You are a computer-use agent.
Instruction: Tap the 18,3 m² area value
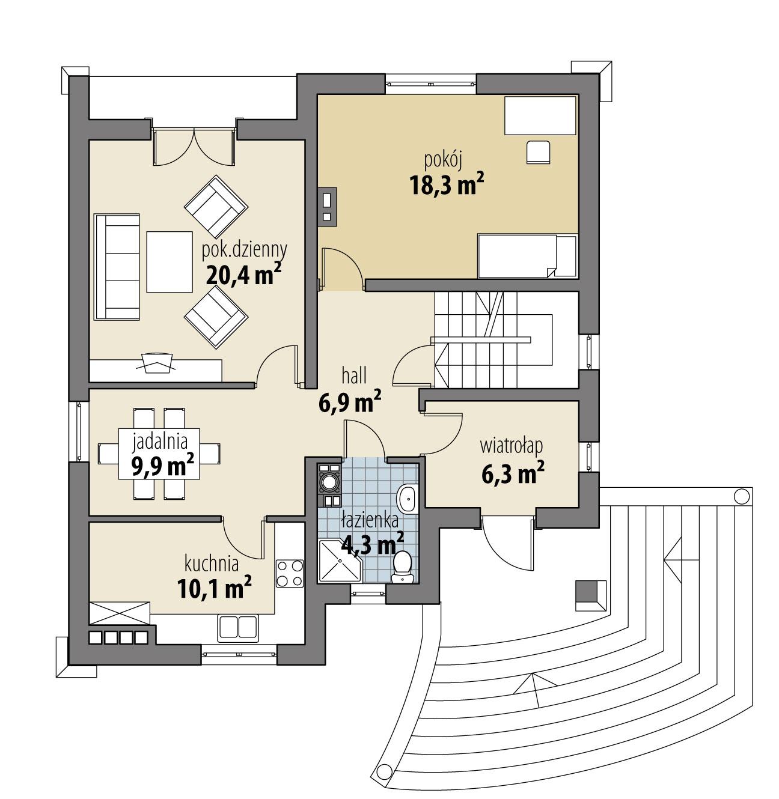[x=447, y=185]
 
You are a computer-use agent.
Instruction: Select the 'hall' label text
[x=354, y=377]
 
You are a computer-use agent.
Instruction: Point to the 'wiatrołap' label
[x=512, y=446]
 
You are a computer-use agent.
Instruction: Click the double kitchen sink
[x=238, y=626]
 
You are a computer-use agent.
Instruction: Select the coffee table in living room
[x=169, y=263]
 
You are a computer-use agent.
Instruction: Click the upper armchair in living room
[x=216, y=205]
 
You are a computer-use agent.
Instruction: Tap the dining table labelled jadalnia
[x=159, y=454]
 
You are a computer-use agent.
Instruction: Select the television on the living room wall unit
[x=156, y=362]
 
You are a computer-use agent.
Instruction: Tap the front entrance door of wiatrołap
[x=509, y=541]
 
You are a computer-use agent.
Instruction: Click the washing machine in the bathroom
[x=329, y=481]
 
